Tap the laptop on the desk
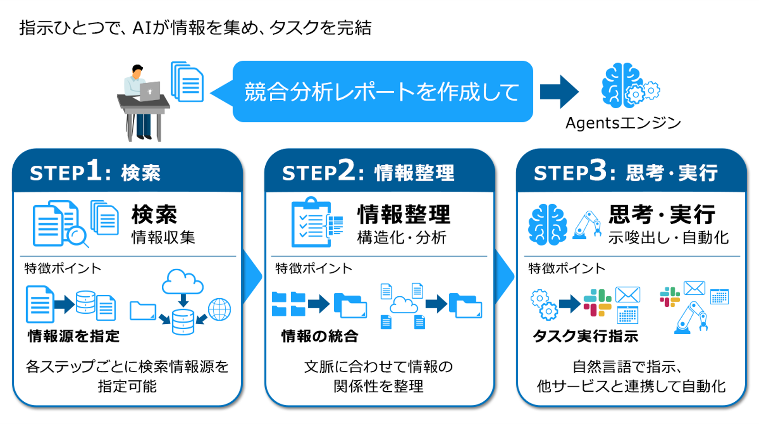(x=150, y=91)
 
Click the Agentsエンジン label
(x=623, y=123)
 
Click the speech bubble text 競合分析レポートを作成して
(x=382, y=92)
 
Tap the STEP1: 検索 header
(x=95, y=172)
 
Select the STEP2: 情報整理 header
(x=368, y=172)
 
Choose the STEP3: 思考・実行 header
(x=625, y=172)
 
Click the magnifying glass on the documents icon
(x=77, y=236)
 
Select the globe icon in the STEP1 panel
(x=219, y=310)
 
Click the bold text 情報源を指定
(x=74, y=336)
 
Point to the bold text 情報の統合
(x=319, y=336)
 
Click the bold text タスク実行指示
(x=585, y=336)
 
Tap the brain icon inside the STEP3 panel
(x=547, y=224)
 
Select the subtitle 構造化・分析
(x=401, y=237)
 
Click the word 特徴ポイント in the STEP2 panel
(x=314, y=269)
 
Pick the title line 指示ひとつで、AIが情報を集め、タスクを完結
(x=195, y=28)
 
